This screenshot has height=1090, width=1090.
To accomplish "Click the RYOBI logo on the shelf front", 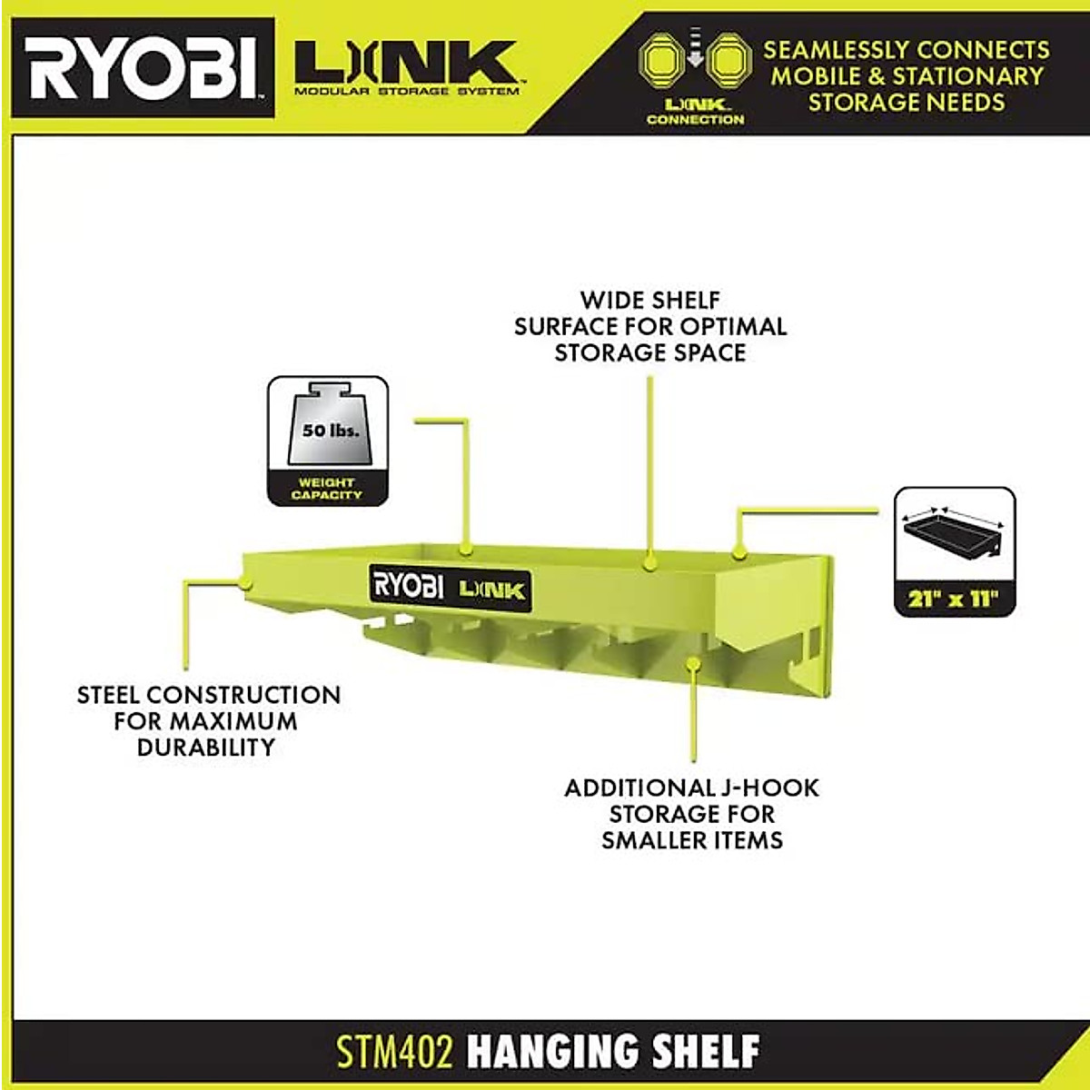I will [x=406, y=585].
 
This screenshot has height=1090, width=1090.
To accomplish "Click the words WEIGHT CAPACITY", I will [x=327, y=489].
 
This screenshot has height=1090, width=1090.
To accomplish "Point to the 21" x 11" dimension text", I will [x=953, y=599].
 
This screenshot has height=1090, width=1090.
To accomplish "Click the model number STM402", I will [x=394, y=1052].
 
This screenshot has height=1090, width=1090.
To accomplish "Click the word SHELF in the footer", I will [x=708, y=1052].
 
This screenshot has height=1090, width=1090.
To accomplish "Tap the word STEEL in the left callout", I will [x=109, y=696].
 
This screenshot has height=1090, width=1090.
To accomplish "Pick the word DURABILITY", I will [x=206, y=748].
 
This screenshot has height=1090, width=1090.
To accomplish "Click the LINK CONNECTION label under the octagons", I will [x=695, y=113].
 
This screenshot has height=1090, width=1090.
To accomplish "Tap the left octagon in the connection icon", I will [x=662, y=62].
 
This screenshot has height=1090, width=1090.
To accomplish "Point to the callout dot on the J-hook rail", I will [x=692, y=666].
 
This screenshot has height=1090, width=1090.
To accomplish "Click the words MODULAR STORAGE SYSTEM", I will [x=406, y=92].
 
